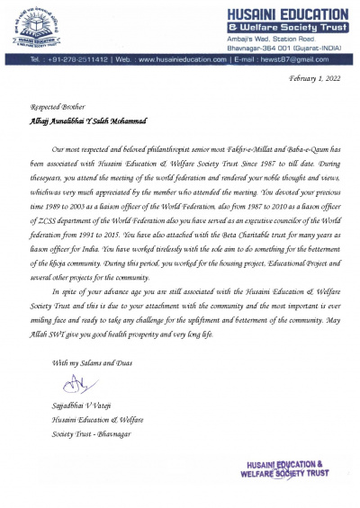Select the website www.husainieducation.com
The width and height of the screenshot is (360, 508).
[x=183, y=59]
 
